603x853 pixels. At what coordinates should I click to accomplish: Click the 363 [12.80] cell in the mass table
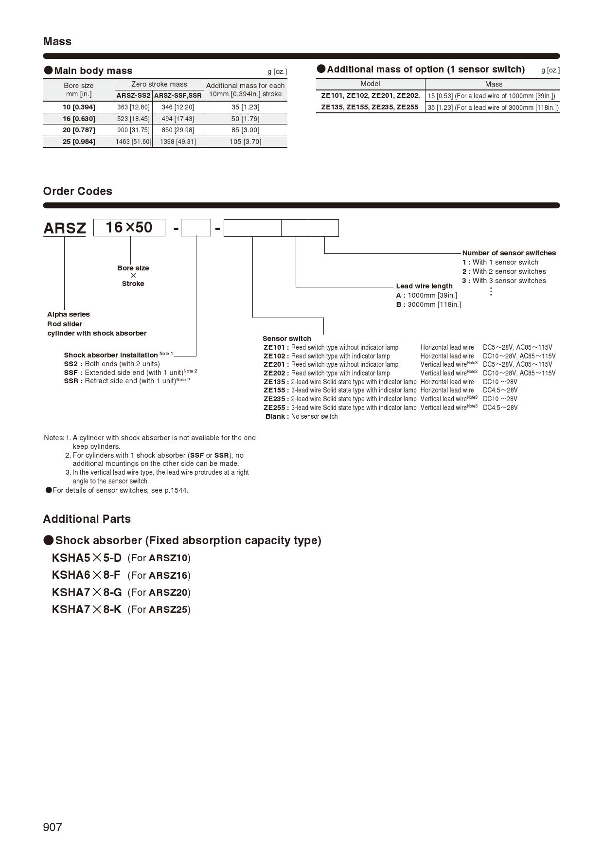coord(133,107)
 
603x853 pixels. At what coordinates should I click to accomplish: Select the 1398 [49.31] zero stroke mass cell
coord(177,142)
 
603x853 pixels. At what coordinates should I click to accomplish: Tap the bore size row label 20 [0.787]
coord(79,130)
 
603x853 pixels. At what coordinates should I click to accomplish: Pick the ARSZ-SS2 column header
coord(133,95)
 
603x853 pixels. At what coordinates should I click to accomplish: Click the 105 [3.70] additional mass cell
coord(245,142)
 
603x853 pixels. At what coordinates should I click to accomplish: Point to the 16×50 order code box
coord(129,228)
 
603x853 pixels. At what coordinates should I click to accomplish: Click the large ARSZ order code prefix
coord(65,228)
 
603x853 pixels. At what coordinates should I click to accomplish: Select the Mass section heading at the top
coord(57,41)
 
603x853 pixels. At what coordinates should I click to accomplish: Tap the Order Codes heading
coord(77,191)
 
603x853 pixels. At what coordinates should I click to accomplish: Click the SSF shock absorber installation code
coord(71,373)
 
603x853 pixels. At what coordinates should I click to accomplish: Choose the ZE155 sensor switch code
coord(275,390)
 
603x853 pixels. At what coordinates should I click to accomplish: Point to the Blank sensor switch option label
coord(276,416)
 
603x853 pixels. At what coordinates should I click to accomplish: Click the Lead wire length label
coord(424,286)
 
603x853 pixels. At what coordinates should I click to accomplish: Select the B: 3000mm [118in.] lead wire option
coord(428,304)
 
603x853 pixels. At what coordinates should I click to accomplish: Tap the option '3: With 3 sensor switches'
coord(504,281)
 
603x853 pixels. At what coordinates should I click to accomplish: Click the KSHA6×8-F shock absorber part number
coord(86,575)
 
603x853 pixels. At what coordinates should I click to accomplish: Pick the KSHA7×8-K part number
coord(87,609)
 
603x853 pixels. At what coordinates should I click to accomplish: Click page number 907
coord(53,827)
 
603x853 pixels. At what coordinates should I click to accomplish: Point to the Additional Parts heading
coord(87,519)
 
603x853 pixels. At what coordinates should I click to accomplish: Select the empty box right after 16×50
coord(195,228)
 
